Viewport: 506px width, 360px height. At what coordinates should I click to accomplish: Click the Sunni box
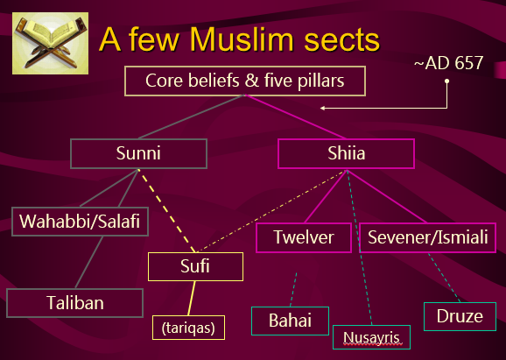click(138, 153)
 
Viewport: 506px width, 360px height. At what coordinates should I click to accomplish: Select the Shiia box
click(346, 153)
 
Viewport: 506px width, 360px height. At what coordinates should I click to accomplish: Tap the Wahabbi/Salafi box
click(80, 222)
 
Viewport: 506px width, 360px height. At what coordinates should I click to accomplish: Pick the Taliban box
click(75, 303)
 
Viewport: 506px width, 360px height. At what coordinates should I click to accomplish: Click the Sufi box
click(195, 266)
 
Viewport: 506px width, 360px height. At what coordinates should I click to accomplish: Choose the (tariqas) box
click(188, 328)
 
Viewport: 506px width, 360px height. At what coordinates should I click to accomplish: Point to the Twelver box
click(304, 237)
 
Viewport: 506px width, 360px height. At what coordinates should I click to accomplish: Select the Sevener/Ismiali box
click(427, 237)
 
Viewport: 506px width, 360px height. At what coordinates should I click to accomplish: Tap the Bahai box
click(290, 321)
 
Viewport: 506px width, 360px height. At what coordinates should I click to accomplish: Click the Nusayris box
click(371, 337)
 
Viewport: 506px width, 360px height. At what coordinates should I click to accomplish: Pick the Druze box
click(460, 316)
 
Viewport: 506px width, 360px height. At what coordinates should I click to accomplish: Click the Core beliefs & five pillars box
click(245, 81)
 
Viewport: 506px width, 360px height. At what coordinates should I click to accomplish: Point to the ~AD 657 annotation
click(448, 63)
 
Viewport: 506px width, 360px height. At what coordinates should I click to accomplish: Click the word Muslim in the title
click(242, 39)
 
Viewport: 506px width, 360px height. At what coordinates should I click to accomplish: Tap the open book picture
click(51, 43)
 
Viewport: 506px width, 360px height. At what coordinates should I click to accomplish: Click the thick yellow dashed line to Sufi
click(167, 211)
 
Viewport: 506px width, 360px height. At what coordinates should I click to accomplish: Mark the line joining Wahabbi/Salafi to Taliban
click(89, 262)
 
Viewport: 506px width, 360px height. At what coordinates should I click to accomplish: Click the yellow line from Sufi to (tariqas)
click(192, 298)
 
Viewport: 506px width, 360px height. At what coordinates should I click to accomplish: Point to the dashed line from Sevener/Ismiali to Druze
click(444, 278)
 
